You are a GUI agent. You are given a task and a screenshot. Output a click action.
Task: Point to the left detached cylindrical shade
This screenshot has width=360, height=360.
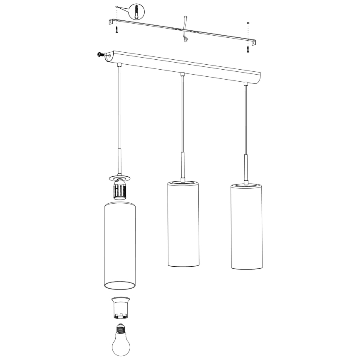point(119,245)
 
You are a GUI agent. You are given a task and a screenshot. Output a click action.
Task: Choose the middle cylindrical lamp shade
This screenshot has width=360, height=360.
point(183,224)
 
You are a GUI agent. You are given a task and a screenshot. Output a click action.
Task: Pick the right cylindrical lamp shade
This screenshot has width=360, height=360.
point(246,226)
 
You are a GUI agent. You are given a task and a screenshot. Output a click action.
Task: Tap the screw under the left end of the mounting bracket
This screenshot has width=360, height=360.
point(117,29)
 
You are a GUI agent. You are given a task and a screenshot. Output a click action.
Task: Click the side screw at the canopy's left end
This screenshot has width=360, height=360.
point(100,54)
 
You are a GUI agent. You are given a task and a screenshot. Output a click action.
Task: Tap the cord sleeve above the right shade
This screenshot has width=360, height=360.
point(246,168)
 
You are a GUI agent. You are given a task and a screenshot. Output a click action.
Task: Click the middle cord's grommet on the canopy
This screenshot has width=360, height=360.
point(182,75)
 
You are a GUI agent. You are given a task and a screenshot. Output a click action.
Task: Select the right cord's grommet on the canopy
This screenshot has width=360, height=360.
point(246,84)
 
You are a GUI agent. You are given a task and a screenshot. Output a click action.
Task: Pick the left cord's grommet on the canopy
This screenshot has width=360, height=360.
point(119,65)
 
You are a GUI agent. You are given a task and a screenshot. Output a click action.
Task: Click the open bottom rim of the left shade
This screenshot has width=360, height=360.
point(119,285)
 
